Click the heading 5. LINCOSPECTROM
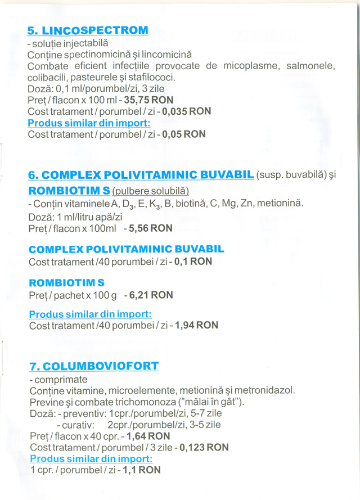[88, 30]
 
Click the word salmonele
[310, 66]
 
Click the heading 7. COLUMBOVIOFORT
[93, 367]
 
